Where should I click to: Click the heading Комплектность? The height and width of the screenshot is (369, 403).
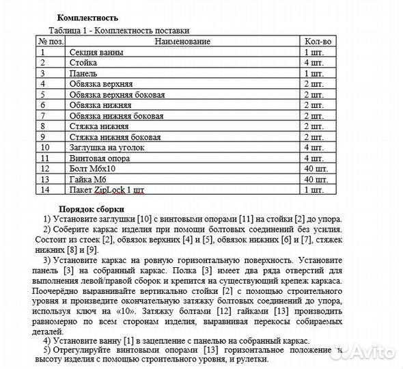pyautogui.click(x=87, y=18)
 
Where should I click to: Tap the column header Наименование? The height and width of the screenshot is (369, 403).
pyautogui.click(x=182, y=42)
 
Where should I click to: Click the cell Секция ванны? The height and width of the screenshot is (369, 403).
pyautogui.click(x=96, y=53)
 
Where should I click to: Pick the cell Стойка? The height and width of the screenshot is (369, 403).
pyautogui.click(x=83, y=63)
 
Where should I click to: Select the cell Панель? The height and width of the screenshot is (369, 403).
pyautogui.click(x=83, y=73)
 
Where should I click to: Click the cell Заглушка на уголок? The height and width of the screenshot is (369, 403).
pyautogui.click(x=107, y=147)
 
